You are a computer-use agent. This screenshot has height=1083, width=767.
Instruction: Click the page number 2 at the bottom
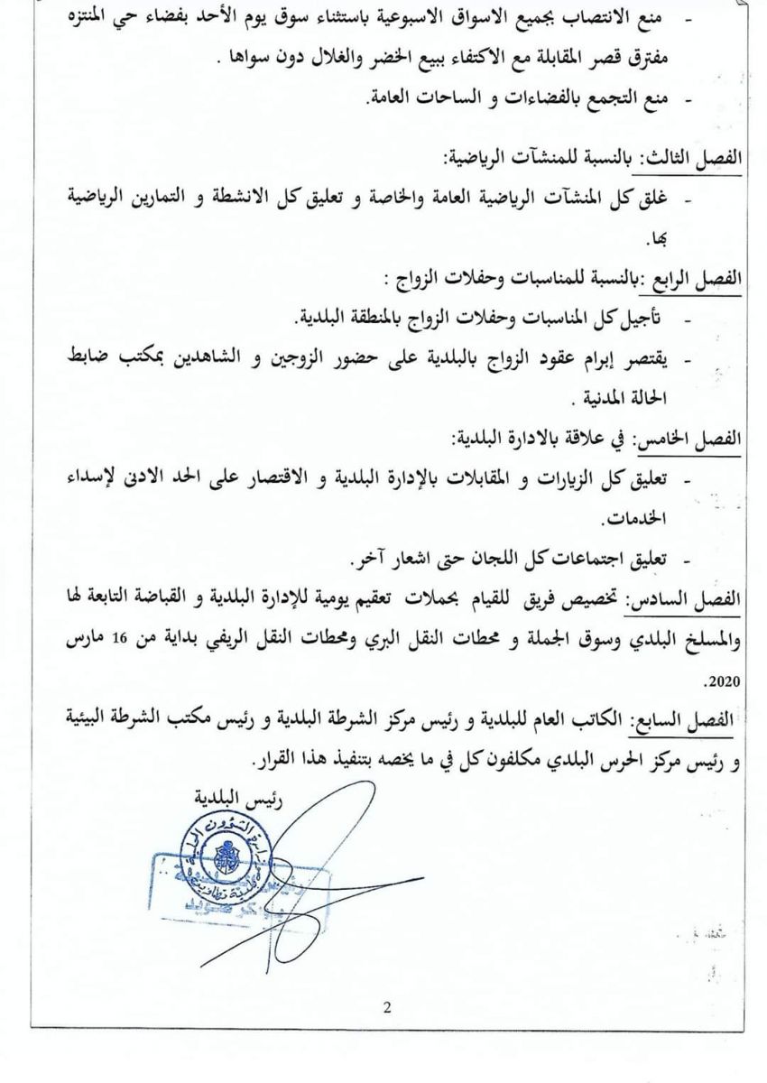tap(386, 1008)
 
